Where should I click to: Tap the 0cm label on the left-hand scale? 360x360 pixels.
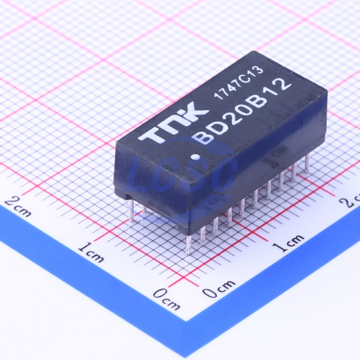[167, 299]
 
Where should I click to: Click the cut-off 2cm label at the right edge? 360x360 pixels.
[350, 199]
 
